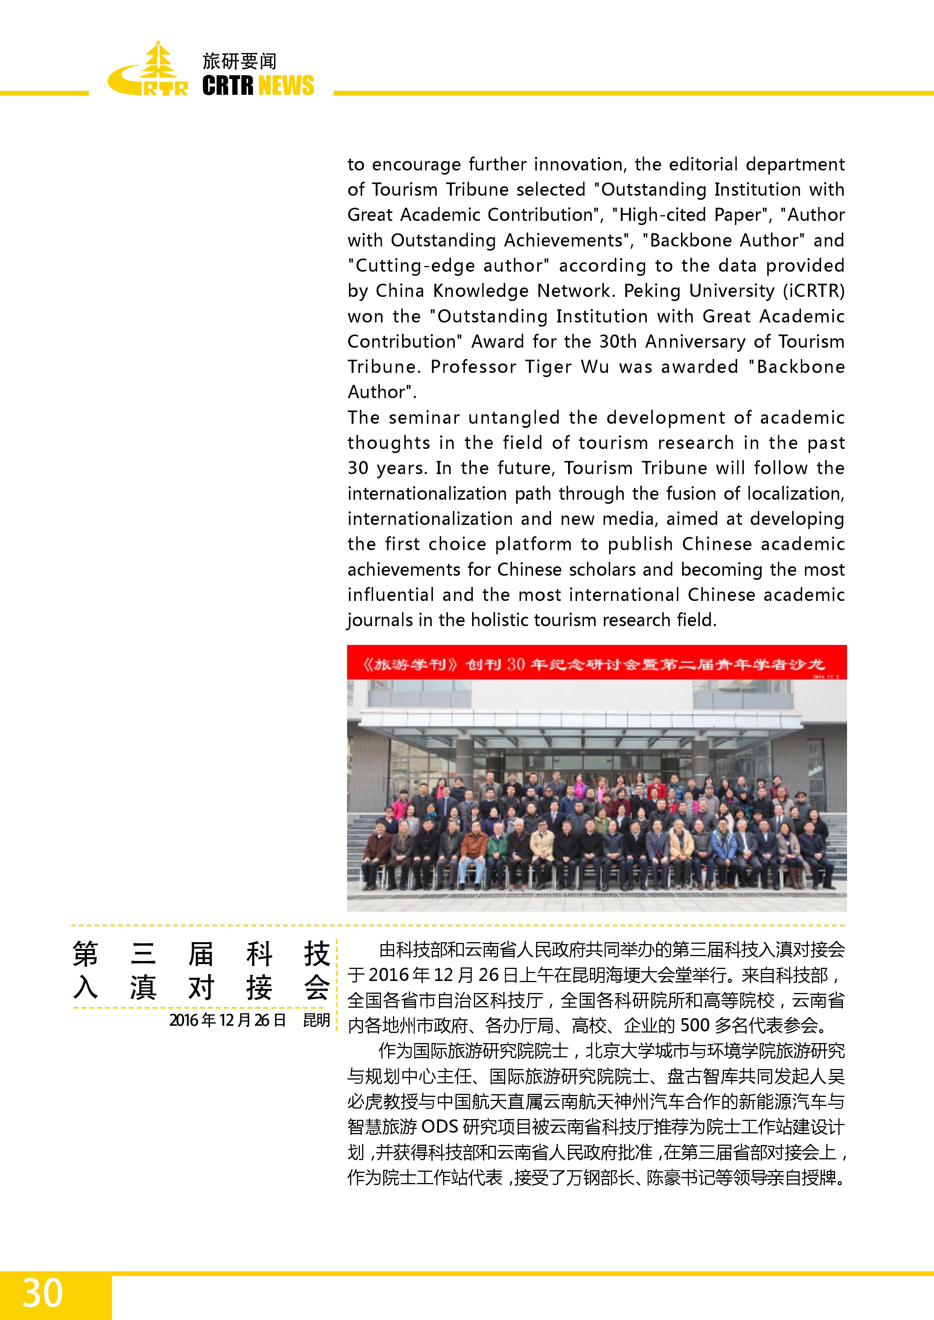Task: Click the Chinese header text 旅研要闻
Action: click(x=239, y=61)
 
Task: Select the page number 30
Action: click(x=42, y=1293)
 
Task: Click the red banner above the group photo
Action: click(x=596, y=663)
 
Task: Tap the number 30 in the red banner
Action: click(x=515, y=665)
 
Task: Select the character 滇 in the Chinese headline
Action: click(x=143, y=988)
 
